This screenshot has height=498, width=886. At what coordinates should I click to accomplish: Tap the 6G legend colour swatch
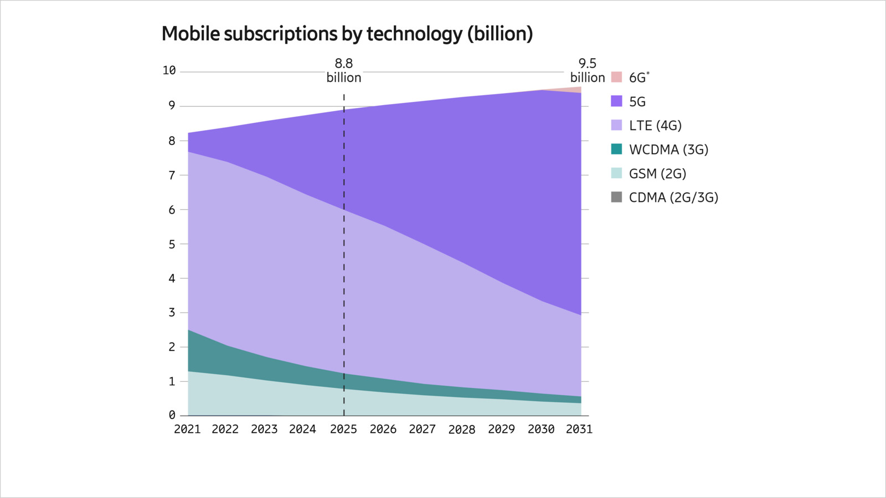(x=616, y=77)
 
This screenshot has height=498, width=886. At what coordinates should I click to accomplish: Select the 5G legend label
(x=637, y=102)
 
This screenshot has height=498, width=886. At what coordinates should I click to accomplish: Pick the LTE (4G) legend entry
(x=655, y=126)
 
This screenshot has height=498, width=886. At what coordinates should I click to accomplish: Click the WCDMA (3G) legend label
(x=668, y=149)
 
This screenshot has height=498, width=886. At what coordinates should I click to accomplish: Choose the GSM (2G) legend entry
(x=657, y=174)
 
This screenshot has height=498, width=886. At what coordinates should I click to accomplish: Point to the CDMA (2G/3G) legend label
(x=673, y=198)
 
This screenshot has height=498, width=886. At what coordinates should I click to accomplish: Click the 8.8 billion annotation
(x=344, y=71)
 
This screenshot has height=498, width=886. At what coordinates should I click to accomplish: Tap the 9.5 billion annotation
(x=588, y=71)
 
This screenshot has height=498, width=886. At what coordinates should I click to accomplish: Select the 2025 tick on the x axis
(x=343, y=429)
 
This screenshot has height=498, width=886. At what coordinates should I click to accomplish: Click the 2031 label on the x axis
(x=579, y=429)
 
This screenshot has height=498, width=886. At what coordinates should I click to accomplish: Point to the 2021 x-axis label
(x=187, y=429)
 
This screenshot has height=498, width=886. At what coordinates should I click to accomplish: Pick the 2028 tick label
(x=461, y=429)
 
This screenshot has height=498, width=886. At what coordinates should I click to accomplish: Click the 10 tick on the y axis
(x=169, y=70)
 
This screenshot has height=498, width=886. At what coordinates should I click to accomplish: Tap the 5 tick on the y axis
(x=172, y=244)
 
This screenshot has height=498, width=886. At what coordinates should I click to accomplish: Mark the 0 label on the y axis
(x=172, y=415)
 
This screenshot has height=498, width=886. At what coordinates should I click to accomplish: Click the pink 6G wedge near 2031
(x=576, y=90)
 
